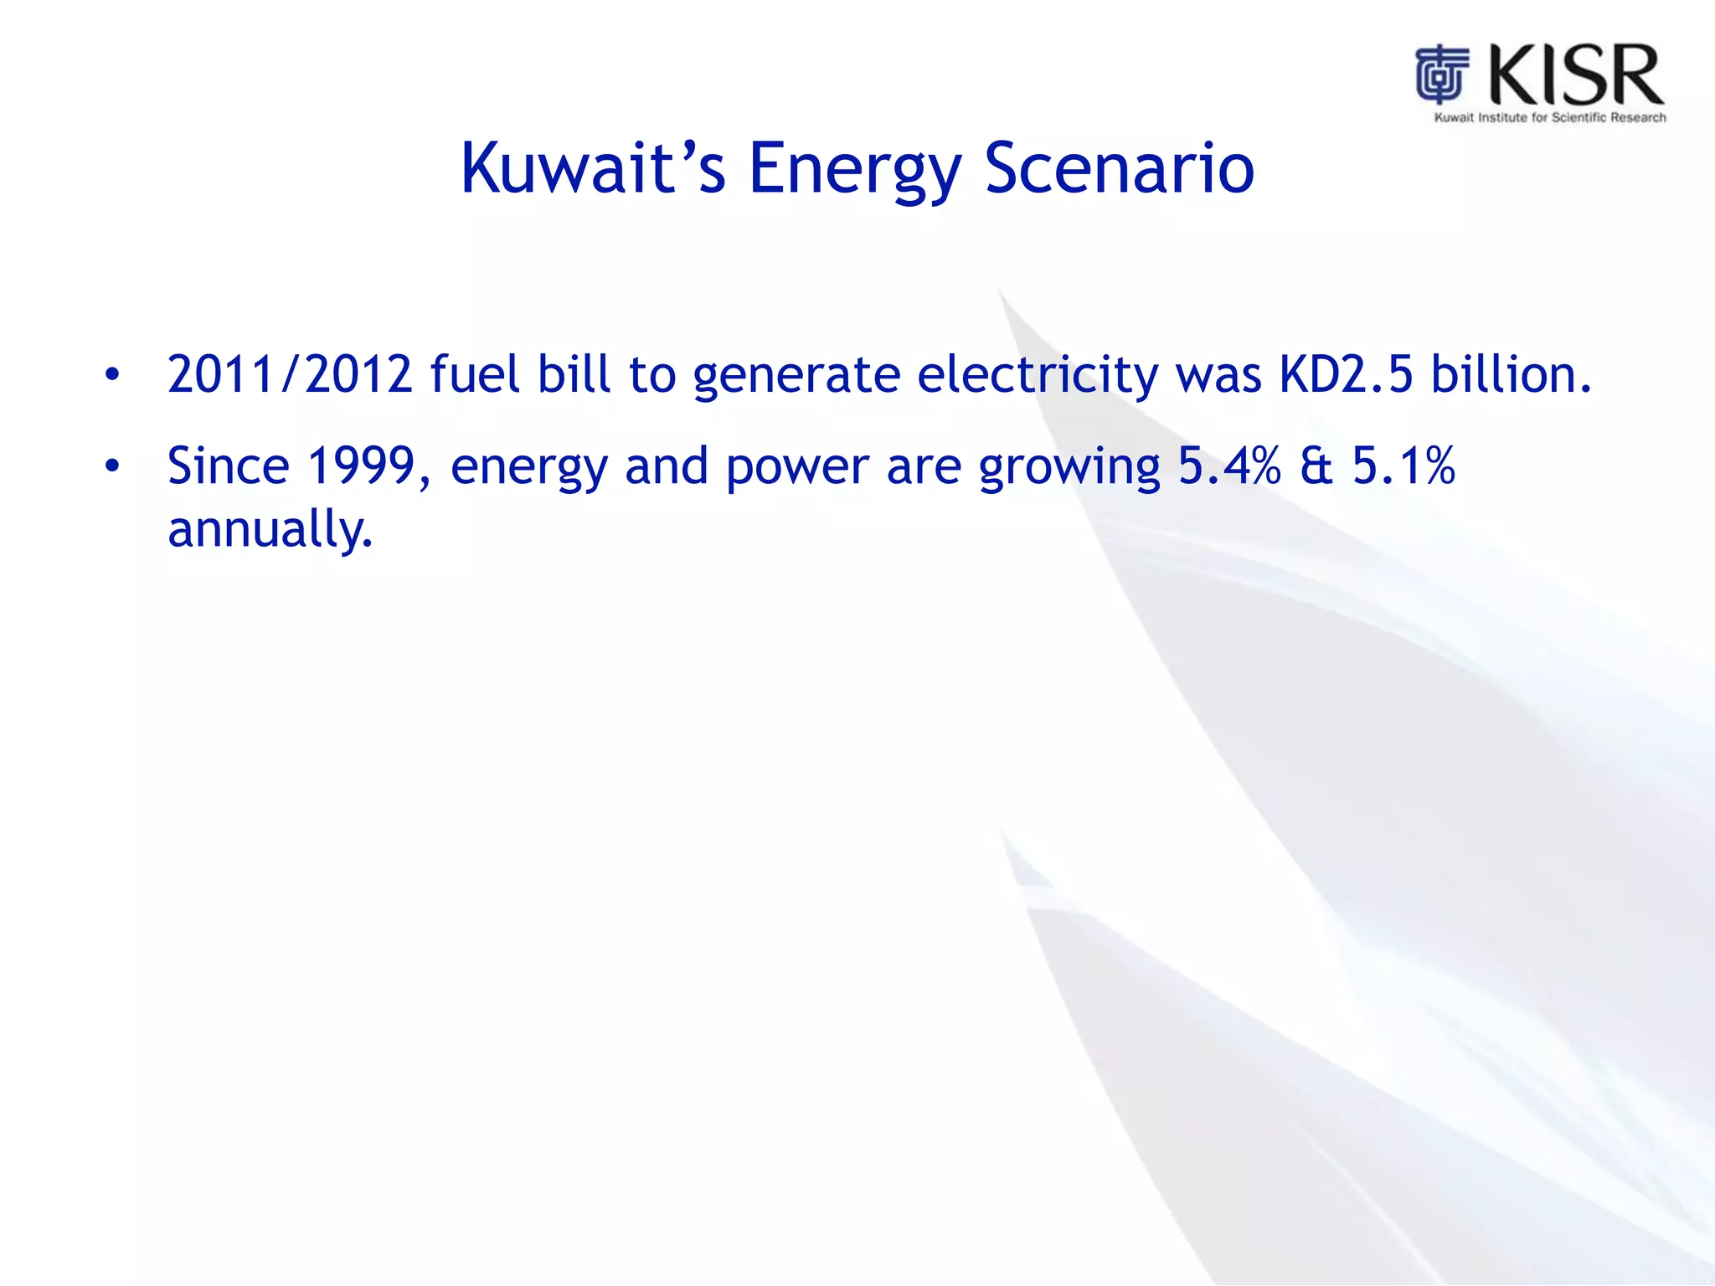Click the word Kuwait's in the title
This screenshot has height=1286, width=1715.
[592, 168]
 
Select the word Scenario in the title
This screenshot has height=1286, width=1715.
[1119, 168]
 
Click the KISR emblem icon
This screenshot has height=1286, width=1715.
[1442, 75]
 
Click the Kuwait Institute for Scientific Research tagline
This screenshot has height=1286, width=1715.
[1549, 118]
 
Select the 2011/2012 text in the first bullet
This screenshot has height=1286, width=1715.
[290, 374]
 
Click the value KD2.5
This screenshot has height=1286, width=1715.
[1346, 374]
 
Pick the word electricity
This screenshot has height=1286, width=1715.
[1038, 376]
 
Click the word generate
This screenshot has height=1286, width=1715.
[796, 376]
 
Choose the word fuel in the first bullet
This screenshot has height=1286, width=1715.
[474, 374]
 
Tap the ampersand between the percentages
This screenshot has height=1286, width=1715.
[1316, 466]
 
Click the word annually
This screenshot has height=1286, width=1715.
[270, 530]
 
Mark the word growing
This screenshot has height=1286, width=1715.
[1069, 468]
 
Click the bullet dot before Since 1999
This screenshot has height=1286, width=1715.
[112, 466]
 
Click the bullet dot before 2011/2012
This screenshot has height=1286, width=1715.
[112, 375]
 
